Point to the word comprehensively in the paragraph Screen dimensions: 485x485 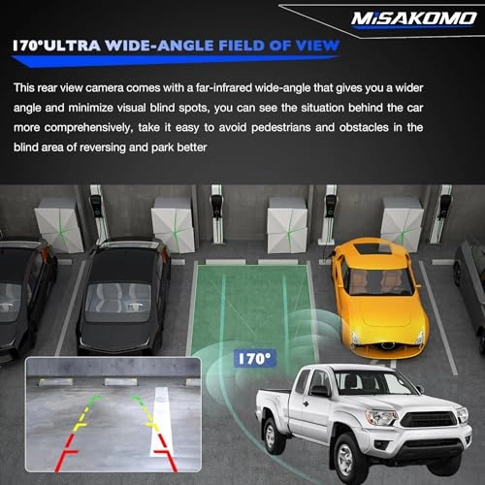[x=89, y=128]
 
